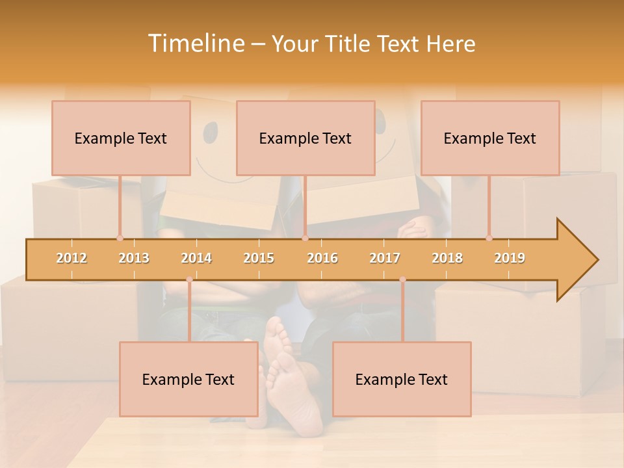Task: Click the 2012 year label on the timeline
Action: coord(71,259)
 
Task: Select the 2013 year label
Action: coord(134,259)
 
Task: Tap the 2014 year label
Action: coord(196,259)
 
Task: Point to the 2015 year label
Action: coord(259,259)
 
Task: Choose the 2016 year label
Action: coord(322,259)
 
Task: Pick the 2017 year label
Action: coord(385,259)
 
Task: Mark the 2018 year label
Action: coord(447,259)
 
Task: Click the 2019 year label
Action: coord(510,259)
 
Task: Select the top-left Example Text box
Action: coord(121,138)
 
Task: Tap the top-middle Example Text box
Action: coord(305,138)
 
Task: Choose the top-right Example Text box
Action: coord(490,138)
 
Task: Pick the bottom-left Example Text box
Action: coord(188,380)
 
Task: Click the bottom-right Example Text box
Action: coord(402,380)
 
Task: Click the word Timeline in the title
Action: coord(195,44)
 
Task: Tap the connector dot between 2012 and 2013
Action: coord(120,239)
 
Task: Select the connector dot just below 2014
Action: coord(189,279)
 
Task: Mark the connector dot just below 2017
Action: coord(402,279)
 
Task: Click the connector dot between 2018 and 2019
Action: coord(489,239)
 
